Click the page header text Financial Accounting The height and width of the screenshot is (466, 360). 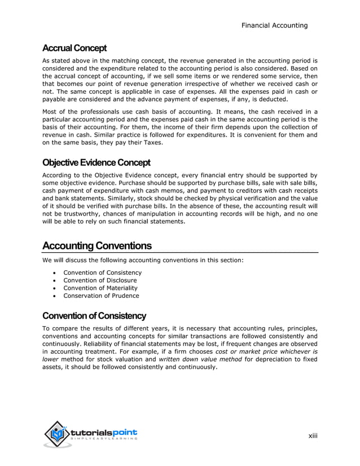tap(274, 25)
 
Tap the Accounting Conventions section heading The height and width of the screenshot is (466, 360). tap(97, 246)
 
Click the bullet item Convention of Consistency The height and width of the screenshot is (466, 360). tap(102, 272)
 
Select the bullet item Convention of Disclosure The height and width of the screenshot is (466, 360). tap(100, 280)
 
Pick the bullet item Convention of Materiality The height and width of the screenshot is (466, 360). tap(100, 288)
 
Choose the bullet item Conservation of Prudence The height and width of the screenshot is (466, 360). tap(101, 296)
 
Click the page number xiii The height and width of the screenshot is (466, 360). tap(313, 435)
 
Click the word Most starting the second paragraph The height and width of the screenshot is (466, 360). tap(51, 111)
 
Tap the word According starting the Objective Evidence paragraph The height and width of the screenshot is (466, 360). tap(58, 175)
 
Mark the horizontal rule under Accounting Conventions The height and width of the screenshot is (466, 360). tap(180, 252)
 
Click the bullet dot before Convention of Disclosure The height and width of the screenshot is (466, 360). tap(53, 280)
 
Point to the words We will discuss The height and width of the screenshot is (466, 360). tap(65, 260)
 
